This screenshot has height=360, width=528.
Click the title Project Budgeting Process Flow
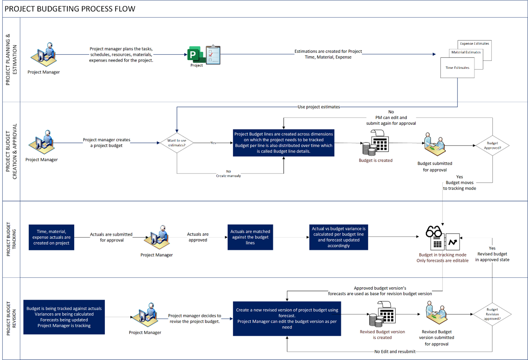(x=70, y=9)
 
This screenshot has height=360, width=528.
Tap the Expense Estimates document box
(x=475, y=44)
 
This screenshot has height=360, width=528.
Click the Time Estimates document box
(x=457, y=68)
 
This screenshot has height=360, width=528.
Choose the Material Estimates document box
(x=466, y=52)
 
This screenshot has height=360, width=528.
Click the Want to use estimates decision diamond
(x=177, y=143)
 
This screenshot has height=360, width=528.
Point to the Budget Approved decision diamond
(x=492, y=146)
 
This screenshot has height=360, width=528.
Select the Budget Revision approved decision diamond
(x=492, y=314)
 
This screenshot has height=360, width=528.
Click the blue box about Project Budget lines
(x=283, y=143)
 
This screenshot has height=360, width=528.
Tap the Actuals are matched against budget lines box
(x=250, y=237)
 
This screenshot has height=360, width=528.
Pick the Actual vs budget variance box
(x=338, y=237)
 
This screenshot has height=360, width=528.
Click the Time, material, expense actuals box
(x=51, y=237)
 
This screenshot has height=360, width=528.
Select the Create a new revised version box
(x=287, y=319)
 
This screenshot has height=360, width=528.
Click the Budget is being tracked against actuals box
(x=64, y=317)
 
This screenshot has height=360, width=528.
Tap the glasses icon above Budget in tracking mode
(x=434, y=232)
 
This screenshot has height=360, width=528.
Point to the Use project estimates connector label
(x=319, y=107)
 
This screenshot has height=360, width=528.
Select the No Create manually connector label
(x=228, y=173)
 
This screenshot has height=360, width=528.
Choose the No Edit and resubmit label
(x=394, y=352)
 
